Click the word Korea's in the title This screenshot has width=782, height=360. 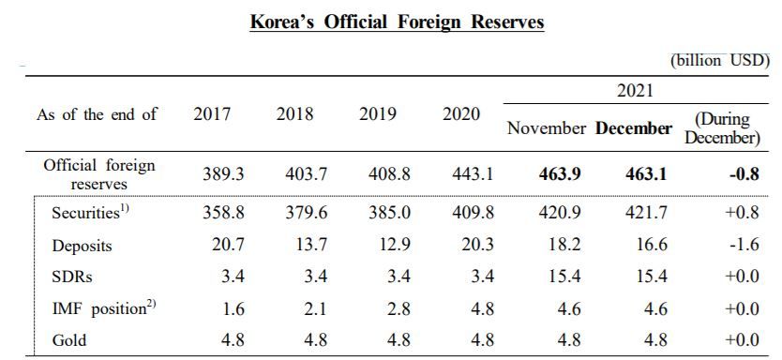tap(282, 22)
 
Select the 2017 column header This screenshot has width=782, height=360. tap(212, 114)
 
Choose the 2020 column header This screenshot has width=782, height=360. tap(460, 114)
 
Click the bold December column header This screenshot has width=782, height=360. tap(633, 128)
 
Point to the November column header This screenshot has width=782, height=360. tap(547, 128)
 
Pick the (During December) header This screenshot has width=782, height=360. tap(722, 129)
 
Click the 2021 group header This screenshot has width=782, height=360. tap(635, 90)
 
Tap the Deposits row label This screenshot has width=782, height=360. tap(82, 246)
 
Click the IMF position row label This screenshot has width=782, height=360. tap(104, 308)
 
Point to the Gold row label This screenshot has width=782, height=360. tap(68, 340)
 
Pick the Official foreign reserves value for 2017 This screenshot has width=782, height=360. tap(224, 174)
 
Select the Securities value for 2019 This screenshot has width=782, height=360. tap(389, 213)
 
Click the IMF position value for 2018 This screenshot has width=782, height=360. tap(315, 308)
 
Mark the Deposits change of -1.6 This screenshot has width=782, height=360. tap(744, 245)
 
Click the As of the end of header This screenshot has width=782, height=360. tap(97, 114)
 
